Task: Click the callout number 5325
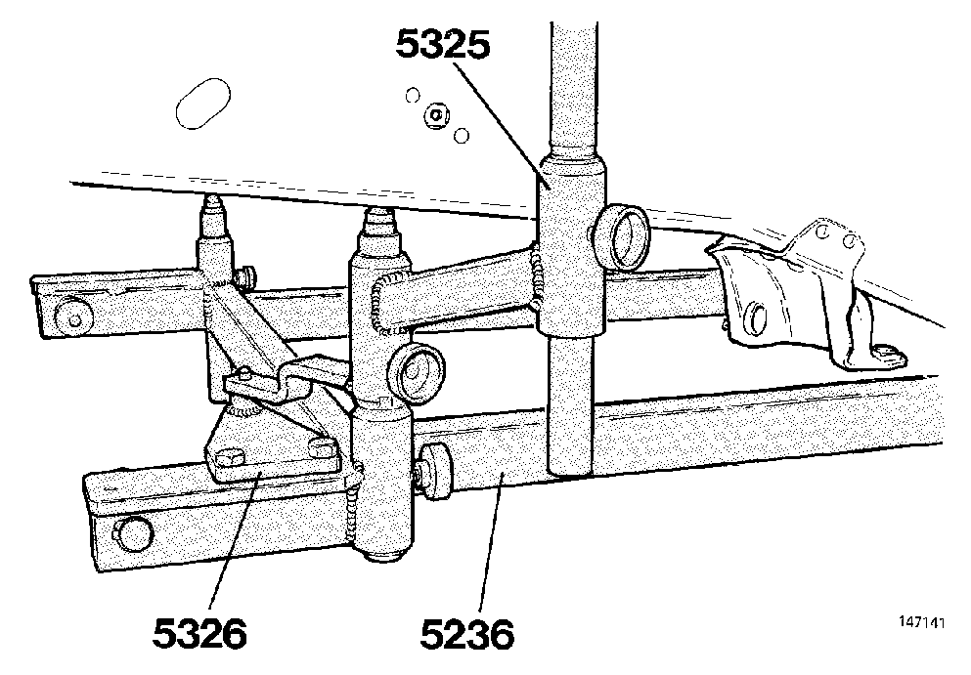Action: (x=443, y=45)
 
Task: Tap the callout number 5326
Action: (x=199, y=633)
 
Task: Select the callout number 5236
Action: (x=467, y=633)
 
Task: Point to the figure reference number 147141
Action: (x=922, y=622)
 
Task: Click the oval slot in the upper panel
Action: (x=203, y=104)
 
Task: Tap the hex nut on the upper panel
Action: (x=436, y=115)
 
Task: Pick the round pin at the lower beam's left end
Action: (x=132, y=533)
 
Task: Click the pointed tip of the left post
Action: (x=213, y=205)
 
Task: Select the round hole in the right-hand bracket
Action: (x=756, y=317)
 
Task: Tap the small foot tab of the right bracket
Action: (x=887, y=357)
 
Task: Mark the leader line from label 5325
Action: (x=500, y=122)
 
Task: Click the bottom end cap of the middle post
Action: (x=384, y=555)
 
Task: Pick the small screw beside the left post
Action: (x=246, y=277)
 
